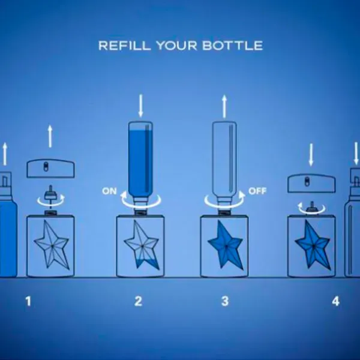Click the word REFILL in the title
[125, 46]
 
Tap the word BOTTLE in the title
[233, 46]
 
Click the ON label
[110, 191]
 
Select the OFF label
[257, 191]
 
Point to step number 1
[28, 301]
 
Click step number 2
[138, 301]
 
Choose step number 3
[225, 301]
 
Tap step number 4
[335, 301]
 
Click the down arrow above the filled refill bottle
[141, 106]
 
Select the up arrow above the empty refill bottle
[224, 107]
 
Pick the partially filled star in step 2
[142, 245]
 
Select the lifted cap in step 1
[51, 169]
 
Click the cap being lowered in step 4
[311, 184]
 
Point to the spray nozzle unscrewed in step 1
[50, 193]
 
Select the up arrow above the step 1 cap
[50, 136]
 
